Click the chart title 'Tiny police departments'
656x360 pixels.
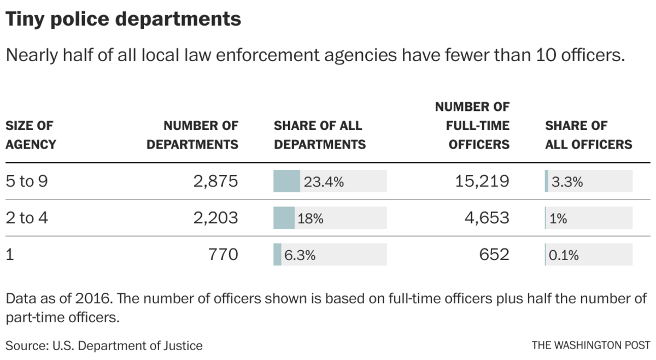123,19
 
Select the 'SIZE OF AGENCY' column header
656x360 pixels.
31,135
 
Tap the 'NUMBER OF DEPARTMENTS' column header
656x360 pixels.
192,135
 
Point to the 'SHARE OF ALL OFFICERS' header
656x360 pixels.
588,135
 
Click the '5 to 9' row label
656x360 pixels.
27,181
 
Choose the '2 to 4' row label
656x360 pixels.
27,218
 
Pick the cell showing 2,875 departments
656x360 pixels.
215,181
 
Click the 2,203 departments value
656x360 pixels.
215,218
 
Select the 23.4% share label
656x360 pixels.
324,182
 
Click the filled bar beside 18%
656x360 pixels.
284,218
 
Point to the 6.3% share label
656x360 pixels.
300,255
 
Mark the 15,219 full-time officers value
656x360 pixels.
482,181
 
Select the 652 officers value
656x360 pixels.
493,255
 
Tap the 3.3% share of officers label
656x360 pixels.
567,182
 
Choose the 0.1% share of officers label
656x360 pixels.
564,255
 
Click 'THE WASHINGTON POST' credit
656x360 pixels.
590,346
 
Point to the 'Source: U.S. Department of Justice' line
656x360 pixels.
104,346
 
